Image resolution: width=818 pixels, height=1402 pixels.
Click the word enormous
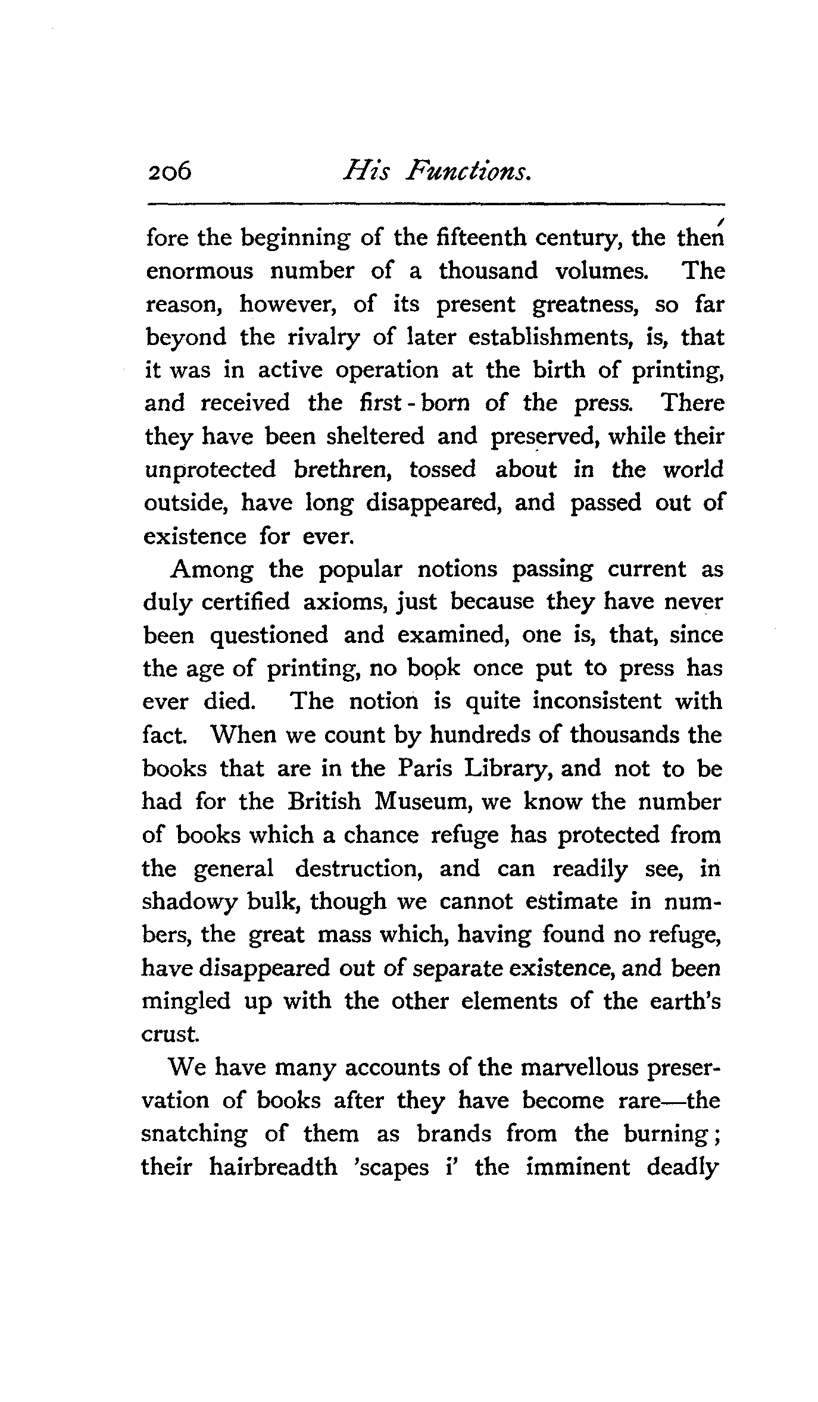200,272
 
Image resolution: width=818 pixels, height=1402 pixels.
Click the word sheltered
374,437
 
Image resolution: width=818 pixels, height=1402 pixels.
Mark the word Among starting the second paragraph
212,570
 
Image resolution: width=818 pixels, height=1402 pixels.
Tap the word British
324,802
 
